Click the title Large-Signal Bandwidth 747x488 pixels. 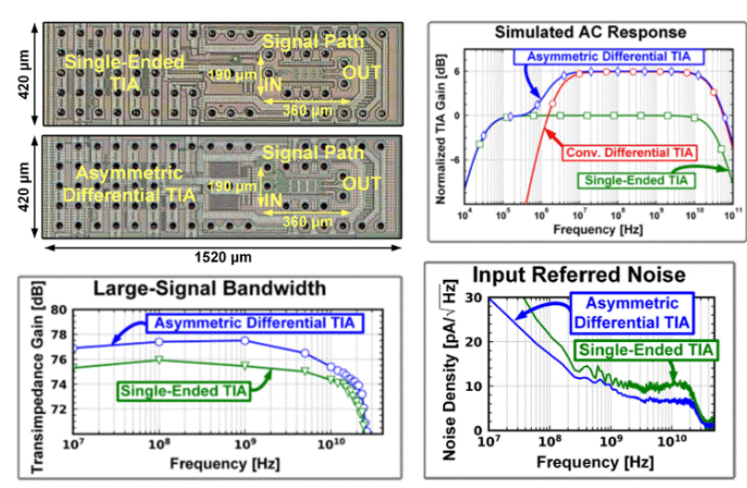[199, 288]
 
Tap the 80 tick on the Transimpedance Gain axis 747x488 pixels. [60, 311]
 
